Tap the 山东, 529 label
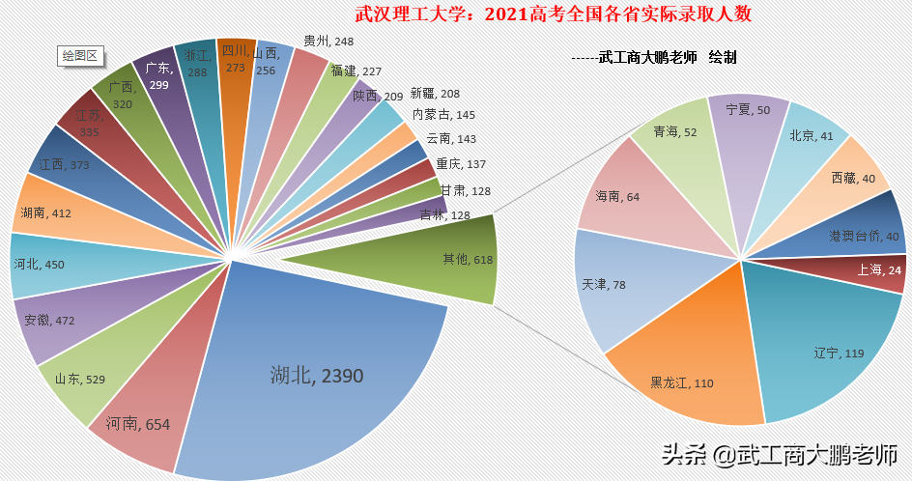click(80, 379)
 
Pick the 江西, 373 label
click(65, 165)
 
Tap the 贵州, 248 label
click(328, 42)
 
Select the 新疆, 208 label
click(435, 94)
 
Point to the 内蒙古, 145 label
click(443, 114)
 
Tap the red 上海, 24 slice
click(879, 270)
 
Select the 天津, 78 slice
click(609, 285)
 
